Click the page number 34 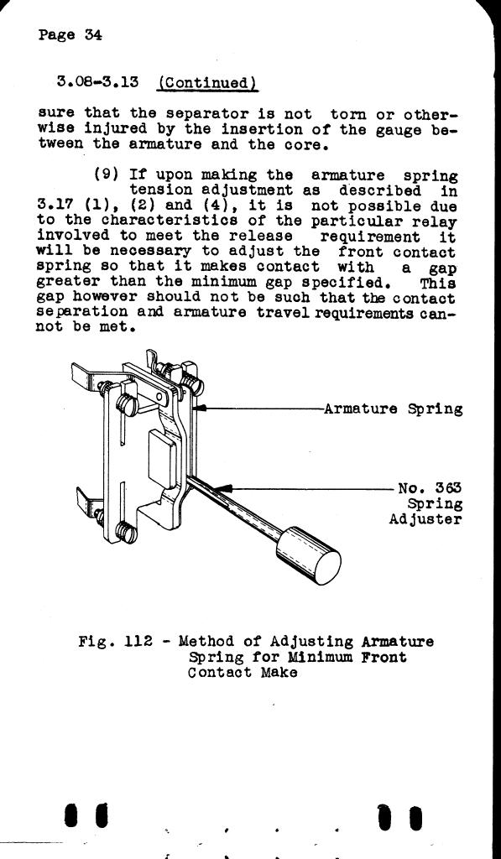pyautogui.click(x=93, y=35)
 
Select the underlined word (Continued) pyautogui.click(x=208, y=83)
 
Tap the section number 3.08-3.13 pyautogui.click(x=97, y=82)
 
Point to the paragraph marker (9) pyautogui.click(x=105, y=175)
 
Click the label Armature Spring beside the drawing pyautogui.click(x=393, y=409)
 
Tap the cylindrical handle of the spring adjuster pyautogui.click(x=309, y=555)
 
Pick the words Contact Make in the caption pyautogui.click(x=243, y=672)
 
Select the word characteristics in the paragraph pyautogui.click(x=170, y=221)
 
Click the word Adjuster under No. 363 pyautogui.click(x=425, y=518)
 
